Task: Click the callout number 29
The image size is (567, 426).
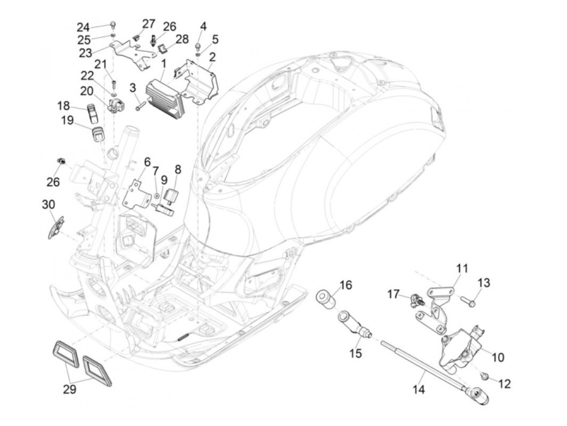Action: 69,389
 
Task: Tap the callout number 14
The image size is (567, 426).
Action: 419,390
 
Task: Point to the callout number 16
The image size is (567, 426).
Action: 345,285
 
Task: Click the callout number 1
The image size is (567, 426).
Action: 163,64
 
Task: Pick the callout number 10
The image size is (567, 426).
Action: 498,357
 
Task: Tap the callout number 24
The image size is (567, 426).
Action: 83,27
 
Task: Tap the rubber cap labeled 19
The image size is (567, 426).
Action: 97,134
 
